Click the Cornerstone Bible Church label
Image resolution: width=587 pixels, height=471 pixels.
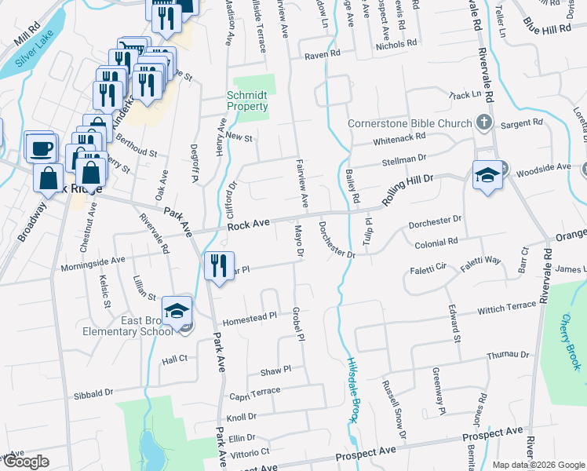tap(409, 123)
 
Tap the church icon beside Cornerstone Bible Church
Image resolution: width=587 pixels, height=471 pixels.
tap(484, 123)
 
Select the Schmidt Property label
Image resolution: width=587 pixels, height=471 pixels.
tap(247, 100)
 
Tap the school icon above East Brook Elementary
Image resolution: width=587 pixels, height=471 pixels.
tap(177, 311)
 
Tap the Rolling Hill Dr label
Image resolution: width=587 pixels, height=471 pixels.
tap(407, 191)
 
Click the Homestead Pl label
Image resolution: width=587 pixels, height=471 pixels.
tap(251, 318)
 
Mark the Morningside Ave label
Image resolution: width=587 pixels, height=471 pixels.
tap(93, 260)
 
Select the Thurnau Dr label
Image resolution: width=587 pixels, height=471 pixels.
tap(508, 355)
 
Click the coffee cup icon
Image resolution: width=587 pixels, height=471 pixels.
tap(41, 147)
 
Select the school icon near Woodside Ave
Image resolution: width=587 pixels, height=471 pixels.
tap(487, 176)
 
